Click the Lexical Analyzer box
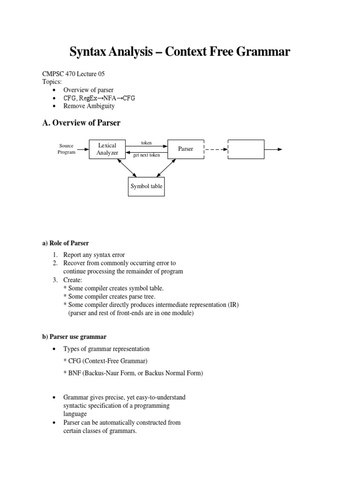[107, 149]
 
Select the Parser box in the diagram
[186, 149]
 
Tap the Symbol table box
[146, 186]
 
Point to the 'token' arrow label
[147, 142]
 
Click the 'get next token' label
[147, 155]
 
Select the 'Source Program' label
[66, 149]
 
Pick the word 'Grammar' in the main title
[263, 52]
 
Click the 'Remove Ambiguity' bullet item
[89, 106]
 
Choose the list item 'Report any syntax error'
[94, 255]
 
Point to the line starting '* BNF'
[133, 373]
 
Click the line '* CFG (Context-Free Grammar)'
[105, 361]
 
